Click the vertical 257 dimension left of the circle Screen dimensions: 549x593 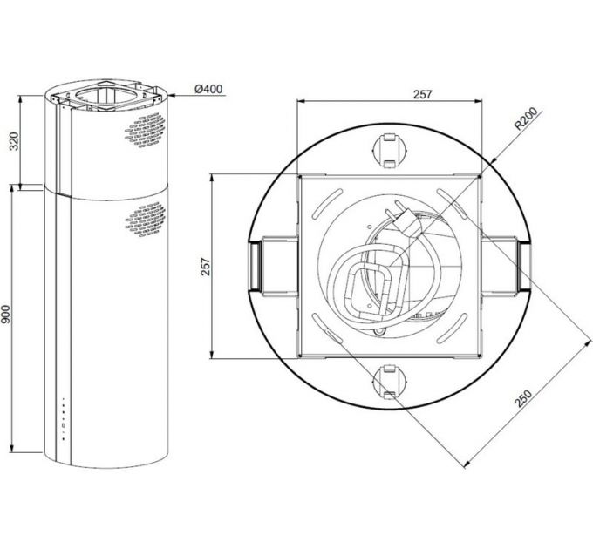pyautogui.click(x=205, y=266)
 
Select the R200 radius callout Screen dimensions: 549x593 pyautogui.click(x=528, y=119)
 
